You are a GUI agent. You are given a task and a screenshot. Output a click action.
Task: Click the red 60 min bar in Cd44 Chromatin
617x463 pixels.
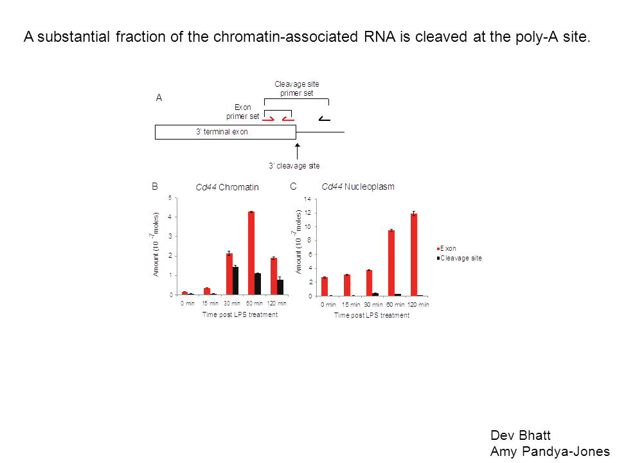[251, 253]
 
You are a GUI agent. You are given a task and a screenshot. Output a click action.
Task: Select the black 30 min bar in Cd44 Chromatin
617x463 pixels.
[235, 281]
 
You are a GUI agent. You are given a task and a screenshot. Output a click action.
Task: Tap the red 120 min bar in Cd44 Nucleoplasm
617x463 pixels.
[413, 255]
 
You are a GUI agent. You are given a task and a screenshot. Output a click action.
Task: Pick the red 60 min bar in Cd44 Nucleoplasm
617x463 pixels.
[391, 263]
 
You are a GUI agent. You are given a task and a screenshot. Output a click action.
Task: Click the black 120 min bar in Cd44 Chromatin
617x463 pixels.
[280, 287]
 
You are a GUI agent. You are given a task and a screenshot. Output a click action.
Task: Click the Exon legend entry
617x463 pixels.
[447, 248]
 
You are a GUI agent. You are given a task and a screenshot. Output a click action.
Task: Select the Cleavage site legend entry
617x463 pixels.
[459, 259]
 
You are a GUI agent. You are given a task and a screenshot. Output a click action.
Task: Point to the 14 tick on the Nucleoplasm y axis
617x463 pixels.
[308, 199]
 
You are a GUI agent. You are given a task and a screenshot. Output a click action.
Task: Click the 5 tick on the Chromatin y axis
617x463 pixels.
[170, 197]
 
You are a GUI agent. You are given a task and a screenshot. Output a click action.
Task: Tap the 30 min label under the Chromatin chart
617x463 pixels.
[232, 304]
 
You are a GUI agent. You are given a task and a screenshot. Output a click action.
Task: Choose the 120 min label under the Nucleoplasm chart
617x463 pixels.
[418, 305]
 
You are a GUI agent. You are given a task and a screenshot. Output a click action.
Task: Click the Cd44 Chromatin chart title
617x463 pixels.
[227, 187]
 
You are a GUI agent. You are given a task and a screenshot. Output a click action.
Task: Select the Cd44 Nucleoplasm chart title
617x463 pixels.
[358, 186]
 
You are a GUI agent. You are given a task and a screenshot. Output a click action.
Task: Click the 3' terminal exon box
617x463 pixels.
[226, 132]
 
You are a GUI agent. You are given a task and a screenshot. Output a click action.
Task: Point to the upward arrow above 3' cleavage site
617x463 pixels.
[298, 152]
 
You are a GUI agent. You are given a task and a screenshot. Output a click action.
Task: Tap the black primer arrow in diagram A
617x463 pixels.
[324, 118]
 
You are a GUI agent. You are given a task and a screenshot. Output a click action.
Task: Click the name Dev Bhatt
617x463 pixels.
[520, 435]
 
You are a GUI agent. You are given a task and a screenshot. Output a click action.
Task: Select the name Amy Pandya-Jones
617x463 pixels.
[550, 451]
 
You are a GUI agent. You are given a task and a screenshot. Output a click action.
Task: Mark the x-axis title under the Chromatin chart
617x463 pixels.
[240, 314]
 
